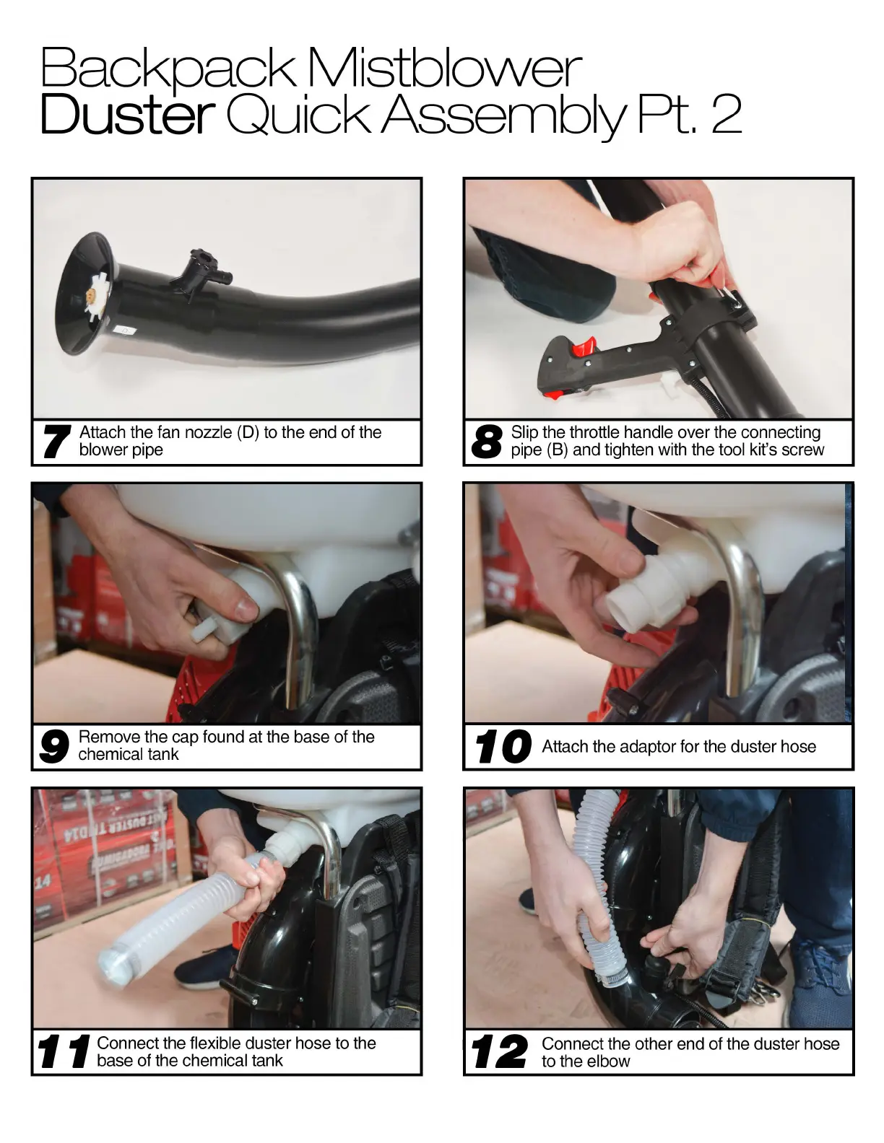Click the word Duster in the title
click(127, 113)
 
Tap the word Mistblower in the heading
click(444, 68)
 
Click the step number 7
click(56, 442)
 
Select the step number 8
click(487, 442)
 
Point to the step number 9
click(53, 746)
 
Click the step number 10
click(503, 746)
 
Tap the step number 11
click(64, 1051)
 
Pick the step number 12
click(499, 1051)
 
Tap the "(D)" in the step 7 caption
click(248, 432)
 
